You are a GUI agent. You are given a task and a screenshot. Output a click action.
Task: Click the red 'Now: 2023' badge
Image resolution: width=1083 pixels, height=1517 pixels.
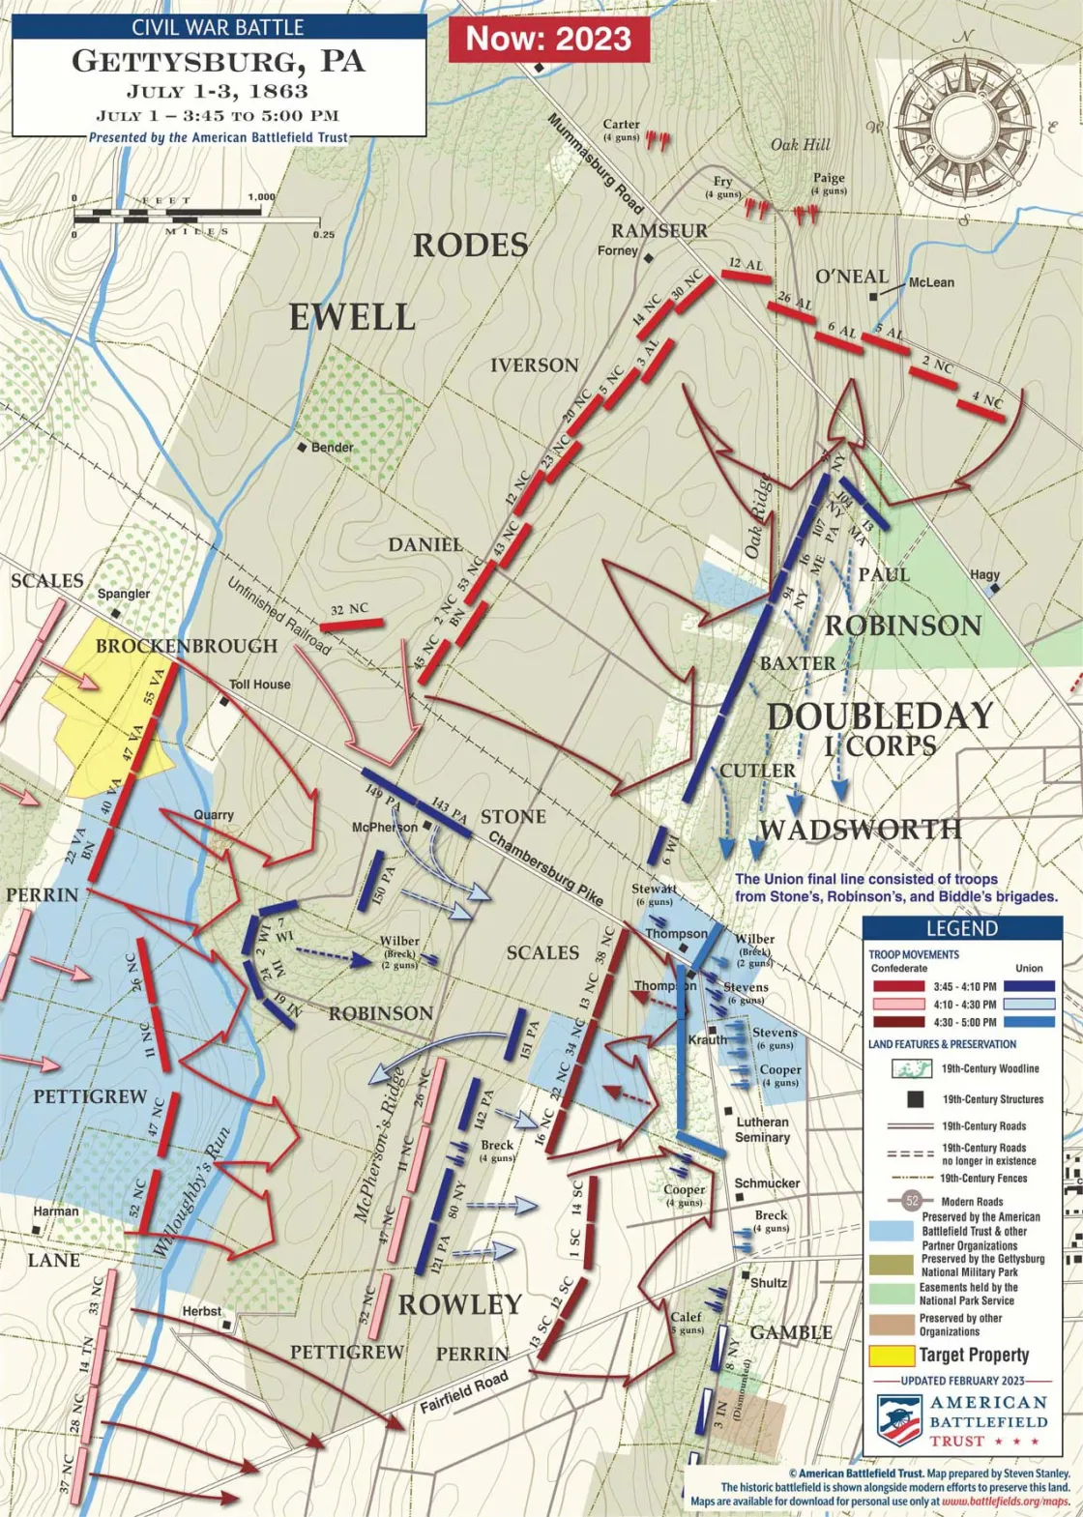tap(548, 39)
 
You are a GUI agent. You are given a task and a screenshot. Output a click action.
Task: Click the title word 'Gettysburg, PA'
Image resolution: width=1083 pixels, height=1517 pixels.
tap(219, 62)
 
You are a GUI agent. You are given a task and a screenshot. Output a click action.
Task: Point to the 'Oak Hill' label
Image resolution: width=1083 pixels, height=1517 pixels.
tap(800, 145)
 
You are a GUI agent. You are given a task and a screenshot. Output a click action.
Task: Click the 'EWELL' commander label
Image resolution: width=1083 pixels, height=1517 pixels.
tap(352, 317)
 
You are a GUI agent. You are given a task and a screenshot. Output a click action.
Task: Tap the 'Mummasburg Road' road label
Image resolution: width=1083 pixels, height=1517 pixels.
tap(595, 164)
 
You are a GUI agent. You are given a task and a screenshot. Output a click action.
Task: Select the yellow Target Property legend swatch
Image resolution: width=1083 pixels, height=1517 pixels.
tap(891, 1356)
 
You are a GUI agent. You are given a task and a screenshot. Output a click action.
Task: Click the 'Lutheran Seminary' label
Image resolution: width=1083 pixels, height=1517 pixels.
tap(762, 1129)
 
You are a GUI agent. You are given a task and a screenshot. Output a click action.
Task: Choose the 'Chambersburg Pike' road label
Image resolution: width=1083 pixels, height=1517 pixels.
tap(545, 867)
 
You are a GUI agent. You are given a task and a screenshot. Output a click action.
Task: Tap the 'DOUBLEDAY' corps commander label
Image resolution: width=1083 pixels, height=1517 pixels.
tap(879, 716)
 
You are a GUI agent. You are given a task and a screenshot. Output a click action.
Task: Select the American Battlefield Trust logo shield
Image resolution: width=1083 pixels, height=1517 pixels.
tap(899, 1419)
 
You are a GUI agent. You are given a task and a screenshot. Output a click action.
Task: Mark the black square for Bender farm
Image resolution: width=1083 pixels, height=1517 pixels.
tap(303, 448)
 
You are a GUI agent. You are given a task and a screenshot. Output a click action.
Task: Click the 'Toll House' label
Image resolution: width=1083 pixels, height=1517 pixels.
tap(259, 685)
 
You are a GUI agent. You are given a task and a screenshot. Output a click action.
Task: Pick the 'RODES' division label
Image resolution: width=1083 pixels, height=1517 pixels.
tap(471, 246)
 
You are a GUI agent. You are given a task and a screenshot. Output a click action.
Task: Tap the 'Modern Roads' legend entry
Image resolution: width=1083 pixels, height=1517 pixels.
tap(971, 1202)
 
